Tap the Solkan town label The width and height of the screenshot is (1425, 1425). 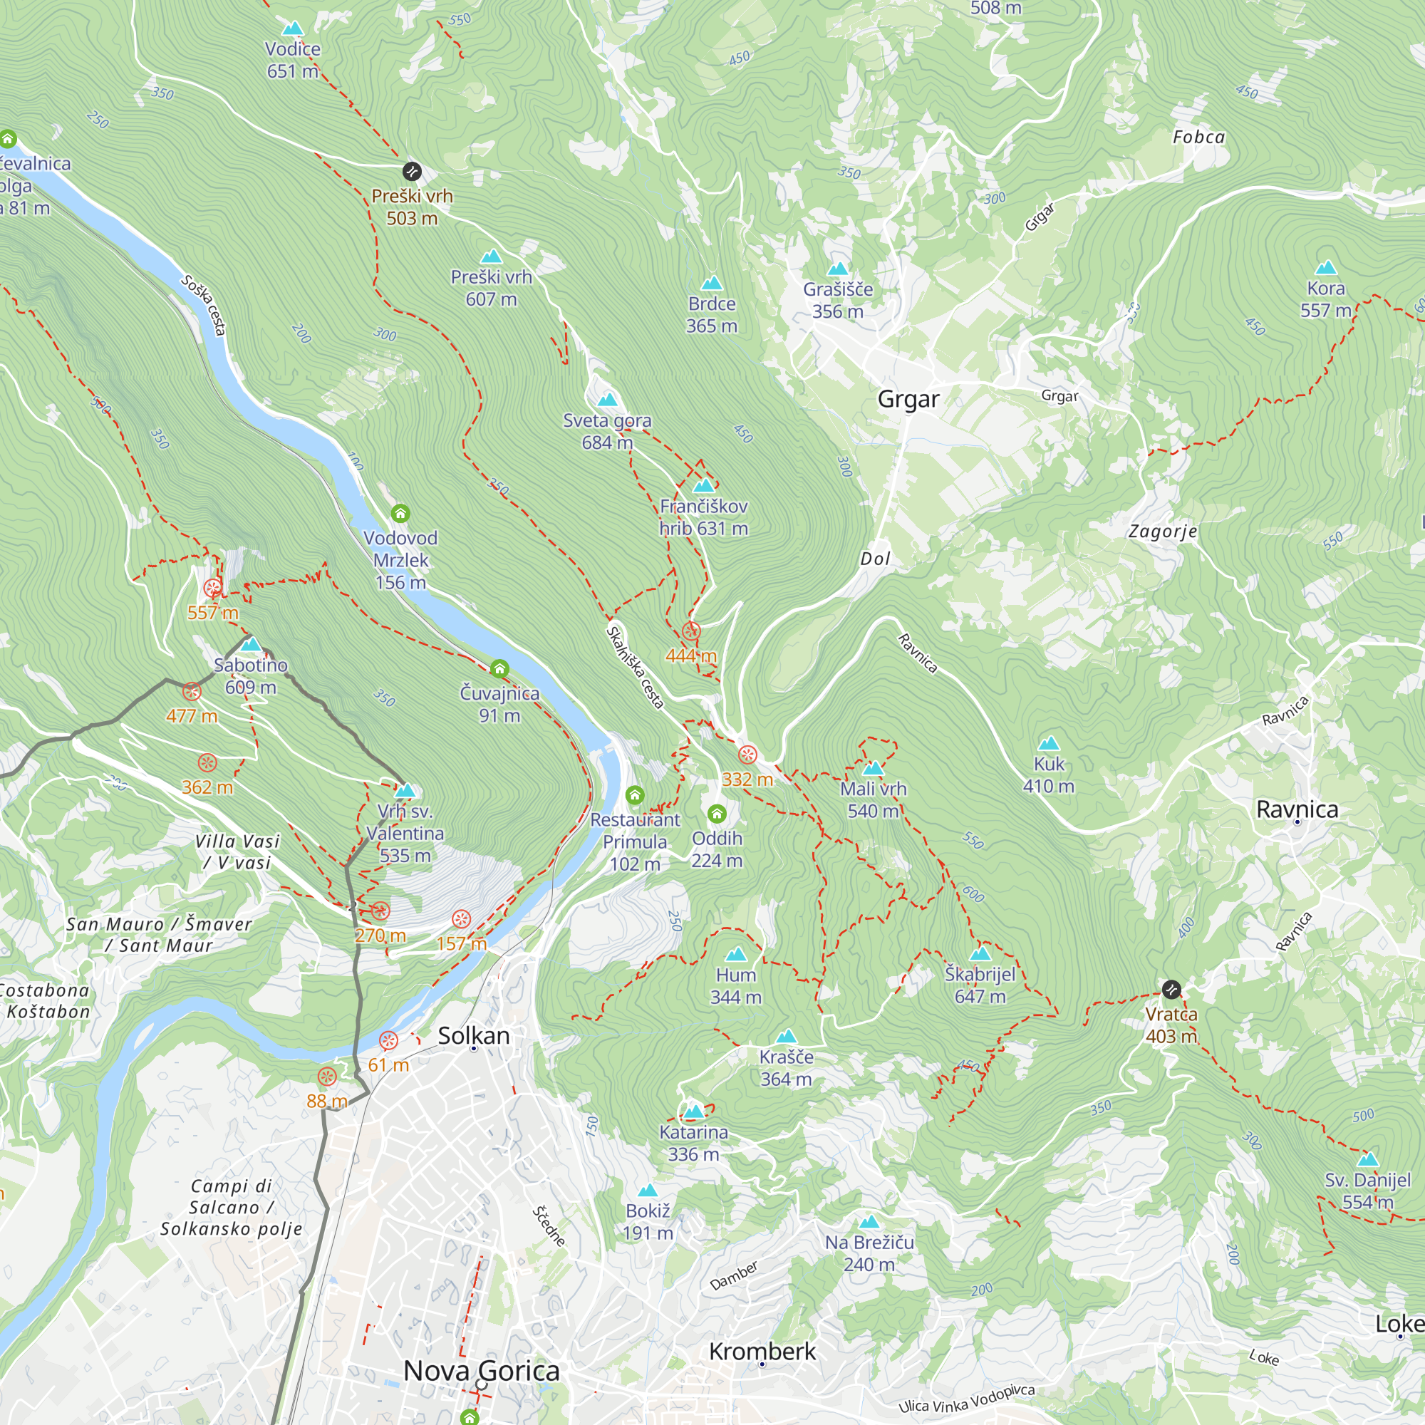tap(474, 1035)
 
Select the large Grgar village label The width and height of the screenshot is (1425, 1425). tap(908, 399)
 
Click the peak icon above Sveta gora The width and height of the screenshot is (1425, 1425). tap(607, 400)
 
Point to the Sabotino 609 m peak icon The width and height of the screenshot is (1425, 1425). tap(251, 644)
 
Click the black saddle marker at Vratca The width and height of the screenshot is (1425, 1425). tap(1171, 989)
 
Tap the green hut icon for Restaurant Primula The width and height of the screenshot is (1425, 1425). tap(634, 795)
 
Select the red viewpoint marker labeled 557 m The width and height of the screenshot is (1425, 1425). tap(212, 588)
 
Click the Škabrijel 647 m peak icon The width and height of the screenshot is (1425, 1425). tap(980, 954)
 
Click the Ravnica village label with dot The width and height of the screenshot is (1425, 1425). tap(1297, 809)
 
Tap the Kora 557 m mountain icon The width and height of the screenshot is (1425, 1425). tap(1325, 267)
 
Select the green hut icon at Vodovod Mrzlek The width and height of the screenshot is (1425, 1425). tap(400, 512)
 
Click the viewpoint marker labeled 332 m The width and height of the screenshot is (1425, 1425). tap(747, 755)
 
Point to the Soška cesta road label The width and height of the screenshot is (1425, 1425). tap(204, 306)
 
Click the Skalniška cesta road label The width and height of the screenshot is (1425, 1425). tap(635, 667)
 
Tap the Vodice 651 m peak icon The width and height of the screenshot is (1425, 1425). tap(293, 28)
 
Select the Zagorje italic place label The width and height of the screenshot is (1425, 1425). tap(1162, 531)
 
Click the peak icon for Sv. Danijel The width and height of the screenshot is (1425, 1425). tap(1367, 1159)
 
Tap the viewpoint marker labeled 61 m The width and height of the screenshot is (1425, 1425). tap(388, 1041)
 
